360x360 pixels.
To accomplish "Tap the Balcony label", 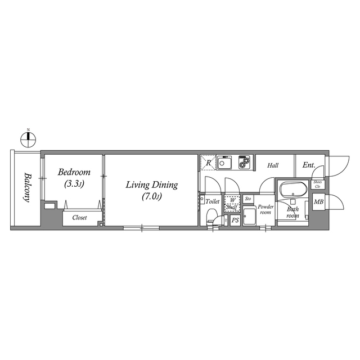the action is pyautogui.click(x=28, y=187).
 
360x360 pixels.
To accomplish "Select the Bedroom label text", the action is pyautogui.click(x=74, y=172).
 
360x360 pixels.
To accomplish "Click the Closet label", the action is pyautogui.click(x=79, y=218).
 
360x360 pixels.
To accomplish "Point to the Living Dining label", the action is pyautogui.click(x=152, y=185).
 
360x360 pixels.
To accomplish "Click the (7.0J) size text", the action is pyautogui.click(x=152, y=196).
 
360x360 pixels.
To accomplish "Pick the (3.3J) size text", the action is pyautogui.click(x=74, y=184).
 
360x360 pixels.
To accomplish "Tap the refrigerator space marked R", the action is pyautogui.click(x=208, y=163).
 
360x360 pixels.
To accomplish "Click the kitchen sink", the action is pyautogui.click(x=224, y=163).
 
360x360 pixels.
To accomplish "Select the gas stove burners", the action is pyautogui.click(x=245, y=163).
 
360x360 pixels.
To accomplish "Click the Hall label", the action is pyautogui.click(x=273, y=165).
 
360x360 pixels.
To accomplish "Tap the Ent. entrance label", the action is pyautogui.click(x=309, y=165).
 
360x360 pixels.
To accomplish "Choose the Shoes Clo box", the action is pyautogui.click(x=318, y=184).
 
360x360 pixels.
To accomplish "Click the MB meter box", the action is pyautogui.click(x=319, y=202).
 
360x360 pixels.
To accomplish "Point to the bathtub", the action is pyautogui.click(x=294, y=189).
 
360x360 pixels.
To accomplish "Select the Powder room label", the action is pyautogui.click(x=265, y=209).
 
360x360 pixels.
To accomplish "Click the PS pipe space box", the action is pyautogui.click(x=235, y=220).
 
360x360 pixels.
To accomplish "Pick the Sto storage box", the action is pyautogui.click(x=248, y=199).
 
